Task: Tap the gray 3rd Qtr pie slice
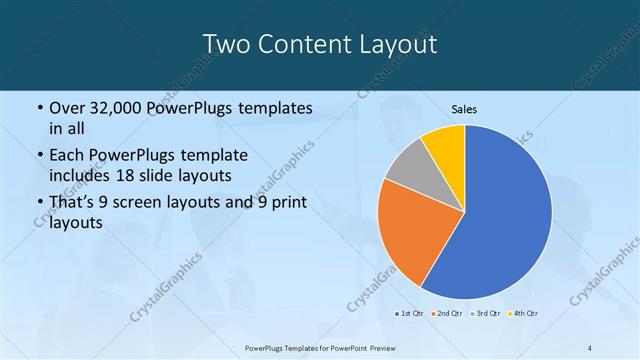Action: pyautogui.click(x=406, y=167)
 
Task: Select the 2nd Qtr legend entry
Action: pyautogui.click(x=446, y=314)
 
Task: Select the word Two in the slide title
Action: pyautogui.click(x=226, y=44)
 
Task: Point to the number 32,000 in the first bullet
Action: pyautogui.click(x=118, y=108)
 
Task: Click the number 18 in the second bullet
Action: pyautogui.click(x=127, y=175)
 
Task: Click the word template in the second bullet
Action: pyautogui.click(x=213, y=156)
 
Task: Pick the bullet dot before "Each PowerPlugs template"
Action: pyautogui.click(x=38, y=156)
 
